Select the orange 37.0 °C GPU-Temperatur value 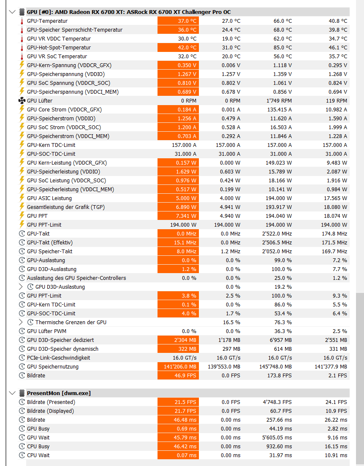tap(178, 21)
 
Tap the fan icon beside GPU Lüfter tap(22, 101)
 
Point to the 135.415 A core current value tap(277, 110)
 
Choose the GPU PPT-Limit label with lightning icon tap(44, 225)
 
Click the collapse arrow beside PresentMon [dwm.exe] tap(12, 393)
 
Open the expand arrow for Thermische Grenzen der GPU tap(21, 322)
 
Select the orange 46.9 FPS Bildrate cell tap(178, 376)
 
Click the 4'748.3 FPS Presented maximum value tap(276, 402)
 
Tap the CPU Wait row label tap(38, 455)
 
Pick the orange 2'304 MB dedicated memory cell tap(178, 340)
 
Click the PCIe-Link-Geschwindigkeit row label tap(58, 358)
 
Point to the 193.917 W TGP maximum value tap(277, 207)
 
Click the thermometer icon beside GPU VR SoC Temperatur tap(22, 57)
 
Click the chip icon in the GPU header tap(22, 12)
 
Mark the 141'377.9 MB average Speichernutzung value tap(331, 367)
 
